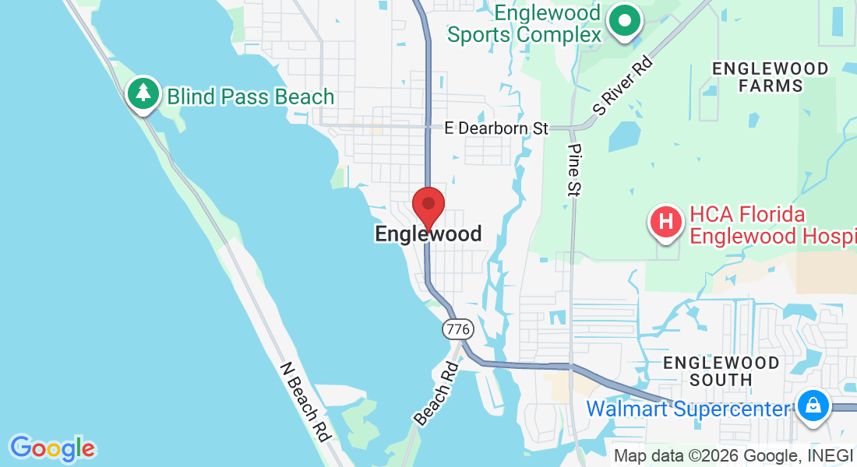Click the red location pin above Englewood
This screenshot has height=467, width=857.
pyautogui.click(x=428, y=205)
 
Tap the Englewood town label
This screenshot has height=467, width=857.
pyautogui.click(x=428, y=233)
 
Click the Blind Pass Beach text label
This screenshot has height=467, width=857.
pyautogui.click(x=251, y=97)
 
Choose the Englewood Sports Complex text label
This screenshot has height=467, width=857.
pyautogui.click(x=524, y=23)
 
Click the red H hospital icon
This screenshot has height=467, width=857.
pyautogui.click(x=666, y=221)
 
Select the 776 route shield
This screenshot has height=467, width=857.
pyautogui.click(x=457, y=329)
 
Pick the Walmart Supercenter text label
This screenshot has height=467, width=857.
pyautogui.click(x=688, y=408)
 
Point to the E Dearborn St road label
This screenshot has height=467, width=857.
pyautogui.click(x=496, y=128)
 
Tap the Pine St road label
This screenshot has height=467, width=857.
pyautogui.click(x=575, y=170)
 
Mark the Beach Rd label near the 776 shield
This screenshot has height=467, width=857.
pyautogui.click(x=436, y=394)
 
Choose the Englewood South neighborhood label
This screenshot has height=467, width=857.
pyautogui.click(x=721, y=371)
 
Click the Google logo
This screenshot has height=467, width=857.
pyautogui.click(x=52, y=448)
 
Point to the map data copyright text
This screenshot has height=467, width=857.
pyautogui.click(x=732, y=456)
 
